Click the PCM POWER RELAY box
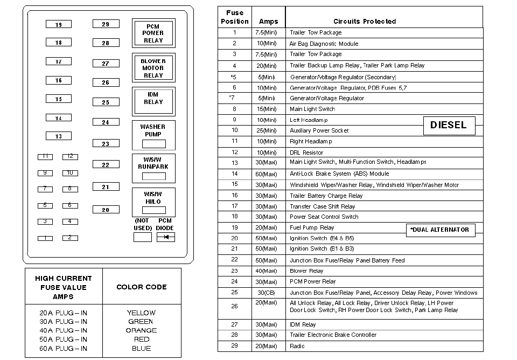[153, 33]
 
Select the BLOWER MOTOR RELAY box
[153, 68]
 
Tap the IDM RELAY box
[153, 101]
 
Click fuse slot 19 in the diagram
[59, 24]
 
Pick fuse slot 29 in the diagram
[106, 24]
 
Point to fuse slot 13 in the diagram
[59, 136]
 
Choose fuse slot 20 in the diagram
[106, 210]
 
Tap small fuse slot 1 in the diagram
[45, 238]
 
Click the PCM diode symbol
[165, 237]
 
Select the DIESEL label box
[449, 125]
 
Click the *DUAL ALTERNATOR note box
[441, 230]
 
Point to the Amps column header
[268, 22]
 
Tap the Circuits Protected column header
[365, 22]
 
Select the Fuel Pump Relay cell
[312, 228]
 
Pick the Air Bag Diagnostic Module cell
[324, 44]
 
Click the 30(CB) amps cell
[267, 293]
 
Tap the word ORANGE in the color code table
[142, 330]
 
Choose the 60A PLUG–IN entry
[64, 348]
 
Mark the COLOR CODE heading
[142, 287]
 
